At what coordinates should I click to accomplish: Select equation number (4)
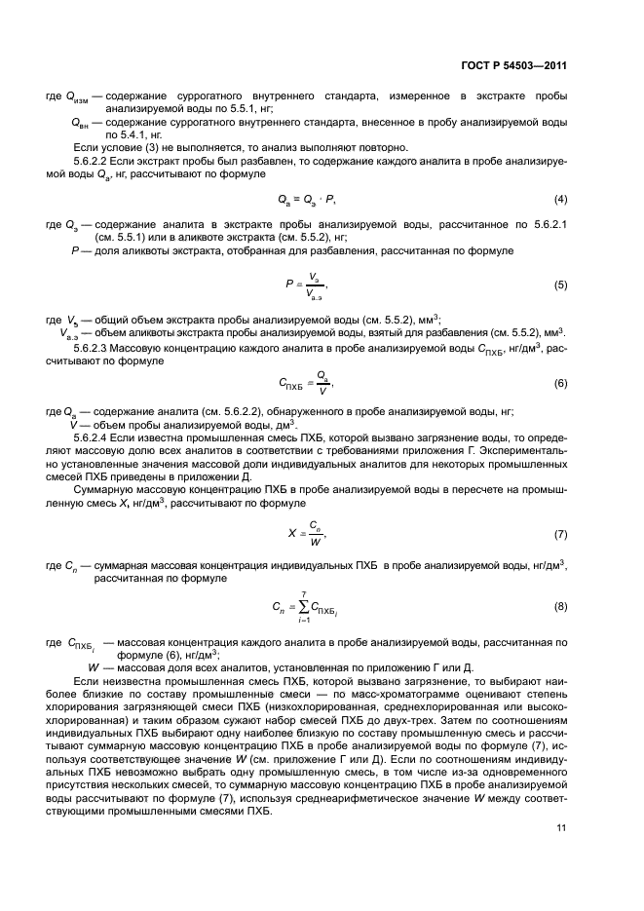click(x=560, y=200)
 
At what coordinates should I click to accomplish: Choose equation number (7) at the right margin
click(x=560, y=535)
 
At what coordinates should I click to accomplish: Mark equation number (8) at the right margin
click(x=560, y=606)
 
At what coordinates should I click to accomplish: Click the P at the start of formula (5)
click(x=289, y=285)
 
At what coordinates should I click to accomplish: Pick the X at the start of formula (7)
click(x=291, y=535)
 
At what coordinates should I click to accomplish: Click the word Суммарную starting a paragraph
click(x=102, y=488)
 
